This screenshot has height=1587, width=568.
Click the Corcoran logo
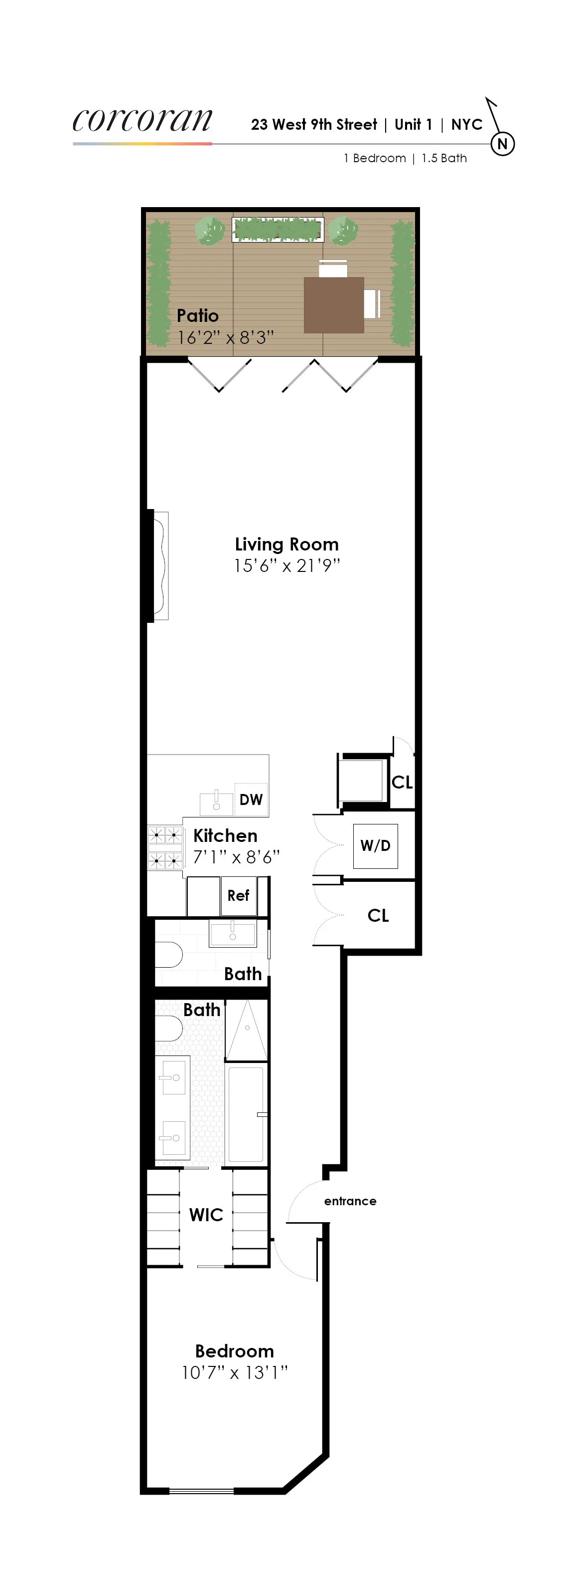point(142,120)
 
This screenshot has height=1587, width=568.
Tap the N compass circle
point(502,144)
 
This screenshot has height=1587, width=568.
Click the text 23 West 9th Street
point(314,124)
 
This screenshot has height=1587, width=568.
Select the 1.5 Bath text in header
point(444,158)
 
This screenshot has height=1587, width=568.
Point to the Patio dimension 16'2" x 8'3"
point(225,337)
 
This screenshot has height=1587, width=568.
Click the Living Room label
point(287,544)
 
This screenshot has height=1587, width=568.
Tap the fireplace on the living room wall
point(160,565)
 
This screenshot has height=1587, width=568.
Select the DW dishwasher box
point(251,799)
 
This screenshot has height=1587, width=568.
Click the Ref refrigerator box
point(238,895)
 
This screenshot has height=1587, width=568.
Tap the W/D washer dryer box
point(375,846)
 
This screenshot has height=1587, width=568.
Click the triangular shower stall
point(247,1030)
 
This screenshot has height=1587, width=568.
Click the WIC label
point(206,1214)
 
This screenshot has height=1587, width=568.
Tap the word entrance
point(350,1201)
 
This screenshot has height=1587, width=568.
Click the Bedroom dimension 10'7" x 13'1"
point(235,1372)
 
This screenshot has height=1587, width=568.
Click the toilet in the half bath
point(168,955)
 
